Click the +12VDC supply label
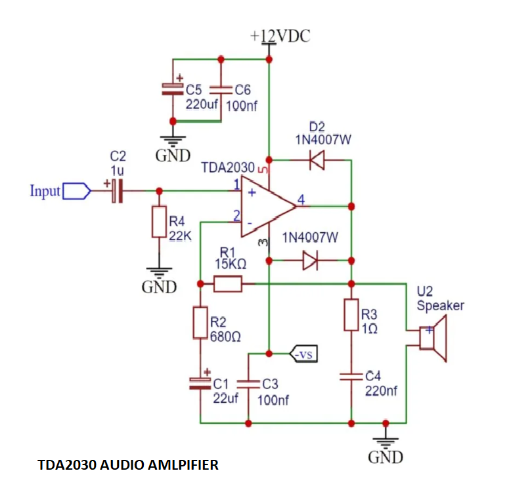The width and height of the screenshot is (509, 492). coord(280,37)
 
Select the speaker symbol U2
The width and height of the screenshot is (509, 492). coord(433,338)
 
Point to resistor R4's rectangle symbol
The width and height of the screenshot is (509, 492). coord(159,222)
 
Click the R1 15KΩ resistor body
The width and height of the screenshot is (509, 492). coord(228,284)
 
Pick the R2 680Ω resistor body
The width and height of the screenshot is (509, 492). coord(200,323)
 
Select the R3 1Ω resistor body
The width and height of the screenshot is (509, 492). coord(351,315)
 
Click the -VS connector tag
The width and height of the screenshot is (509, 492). coord(304,355)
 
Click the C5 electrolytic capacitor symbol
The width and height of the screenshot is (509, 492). coord(173,89)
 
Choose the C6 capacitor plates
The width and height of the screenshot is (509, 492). coord(221,89)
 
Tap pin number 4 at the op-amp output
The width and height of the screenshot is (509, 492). coord(301,199)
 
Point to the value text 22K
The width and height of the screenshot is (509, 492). coord(180,237)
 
